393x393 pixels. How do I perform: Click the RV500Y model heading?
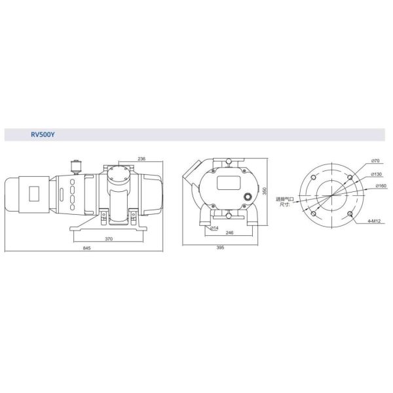tap(43, 134)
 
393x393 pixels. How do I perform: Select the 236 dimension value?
tap(141, 159)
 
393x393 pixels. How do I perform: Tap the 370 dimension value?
tap(109, 239)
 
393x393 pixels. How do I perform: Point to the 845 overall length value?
tap(86, 248)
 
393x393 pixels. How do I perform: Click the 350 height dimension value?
tap(265, 191)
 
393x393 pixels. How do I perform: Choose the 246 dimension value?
tap(229, 233)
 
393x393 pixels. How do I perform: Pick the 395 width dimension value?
tap(220, 248)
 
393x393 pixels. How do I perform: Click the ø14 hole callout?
tap(214, 228)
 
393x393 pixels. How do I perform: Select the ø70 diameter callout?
tap(375, 161)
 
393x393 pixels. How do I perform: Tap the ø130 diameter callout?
tap(376, 174)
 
